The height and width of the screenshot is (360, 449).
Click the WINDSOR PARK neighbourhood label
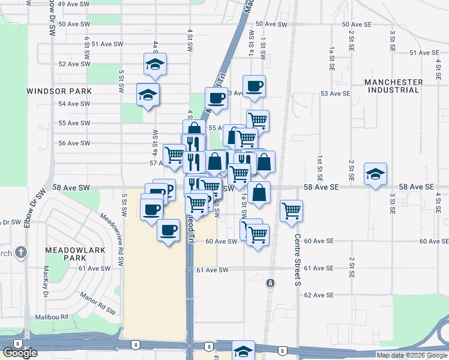coord(59,91)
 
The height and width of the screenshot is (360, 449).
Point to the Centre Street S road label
coord(297,259)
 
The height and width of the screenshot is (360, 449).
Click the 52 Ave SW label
coord(74,64)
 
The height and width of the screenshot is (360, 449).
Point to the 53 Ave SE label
coord(335,94)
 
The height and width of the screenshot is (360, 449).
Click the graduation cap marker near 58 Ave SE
coord(375,174)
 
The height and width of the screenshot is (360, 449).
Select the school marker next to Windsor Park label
coord(148,94)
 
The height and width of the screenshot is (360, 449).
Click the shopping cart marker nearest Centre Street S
coord(291,211)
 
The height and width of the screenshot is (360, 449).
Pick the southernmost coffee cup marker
coord(168,230)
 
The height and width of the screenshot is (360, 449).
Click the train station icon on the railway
coord(271,283)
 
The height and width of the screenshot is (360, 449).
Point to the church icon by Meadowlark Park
coord(21,252)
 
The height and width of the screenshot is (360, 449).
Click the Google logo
coord(20,353)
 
